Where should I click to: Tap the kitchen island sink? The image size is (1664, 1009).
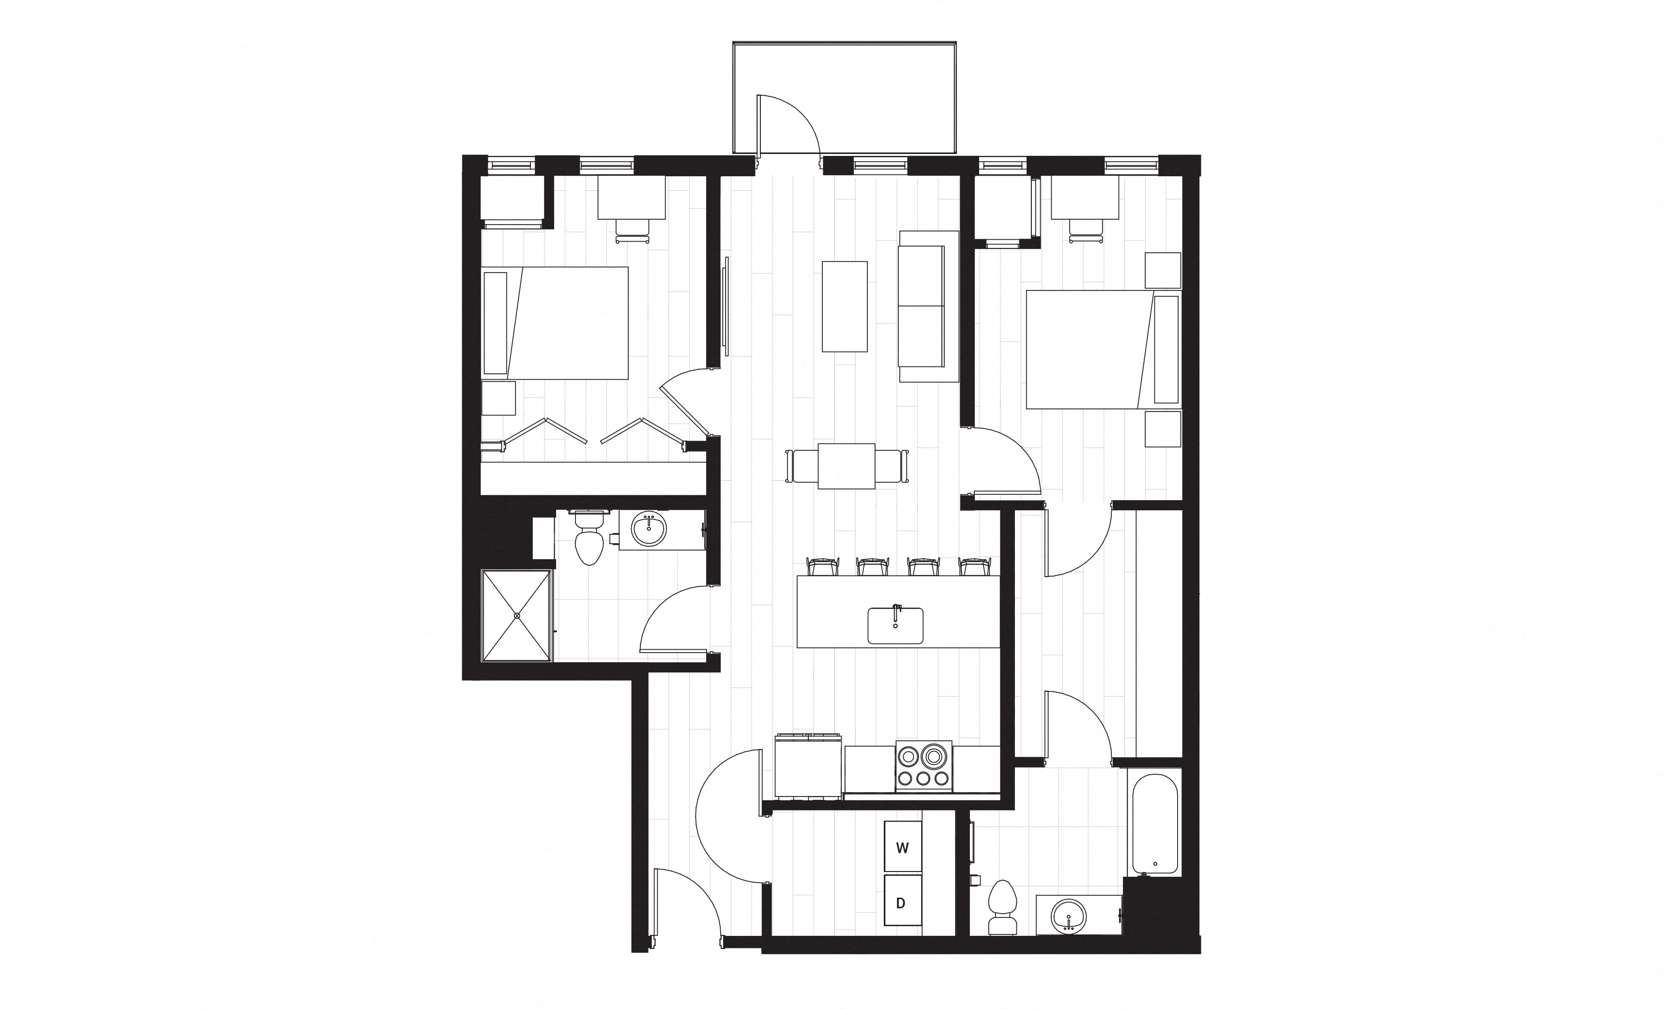click(x=895, y=626)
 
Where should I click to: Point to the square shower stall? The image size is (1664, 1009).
click(x=516, y=615)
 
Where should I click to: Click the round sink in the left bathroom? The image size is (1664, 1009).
click(x=649, y=528)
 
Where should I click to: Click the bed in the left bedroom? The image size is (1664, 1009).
click(x=555, y=323)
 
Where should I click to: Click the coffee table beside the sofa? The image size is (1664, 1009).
click(x=844, y=306)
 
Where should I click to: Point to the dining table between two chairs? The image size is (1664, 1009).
click(x=846, y=466)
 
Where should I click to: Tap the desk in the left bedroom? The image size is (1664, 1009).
click(x=632, y=197)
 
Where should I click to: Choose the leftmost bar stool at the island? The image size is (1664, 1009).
click(x=822, y=566)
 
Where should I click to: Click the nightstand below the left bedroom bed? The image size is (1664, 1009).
click(x=499, y=398)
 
